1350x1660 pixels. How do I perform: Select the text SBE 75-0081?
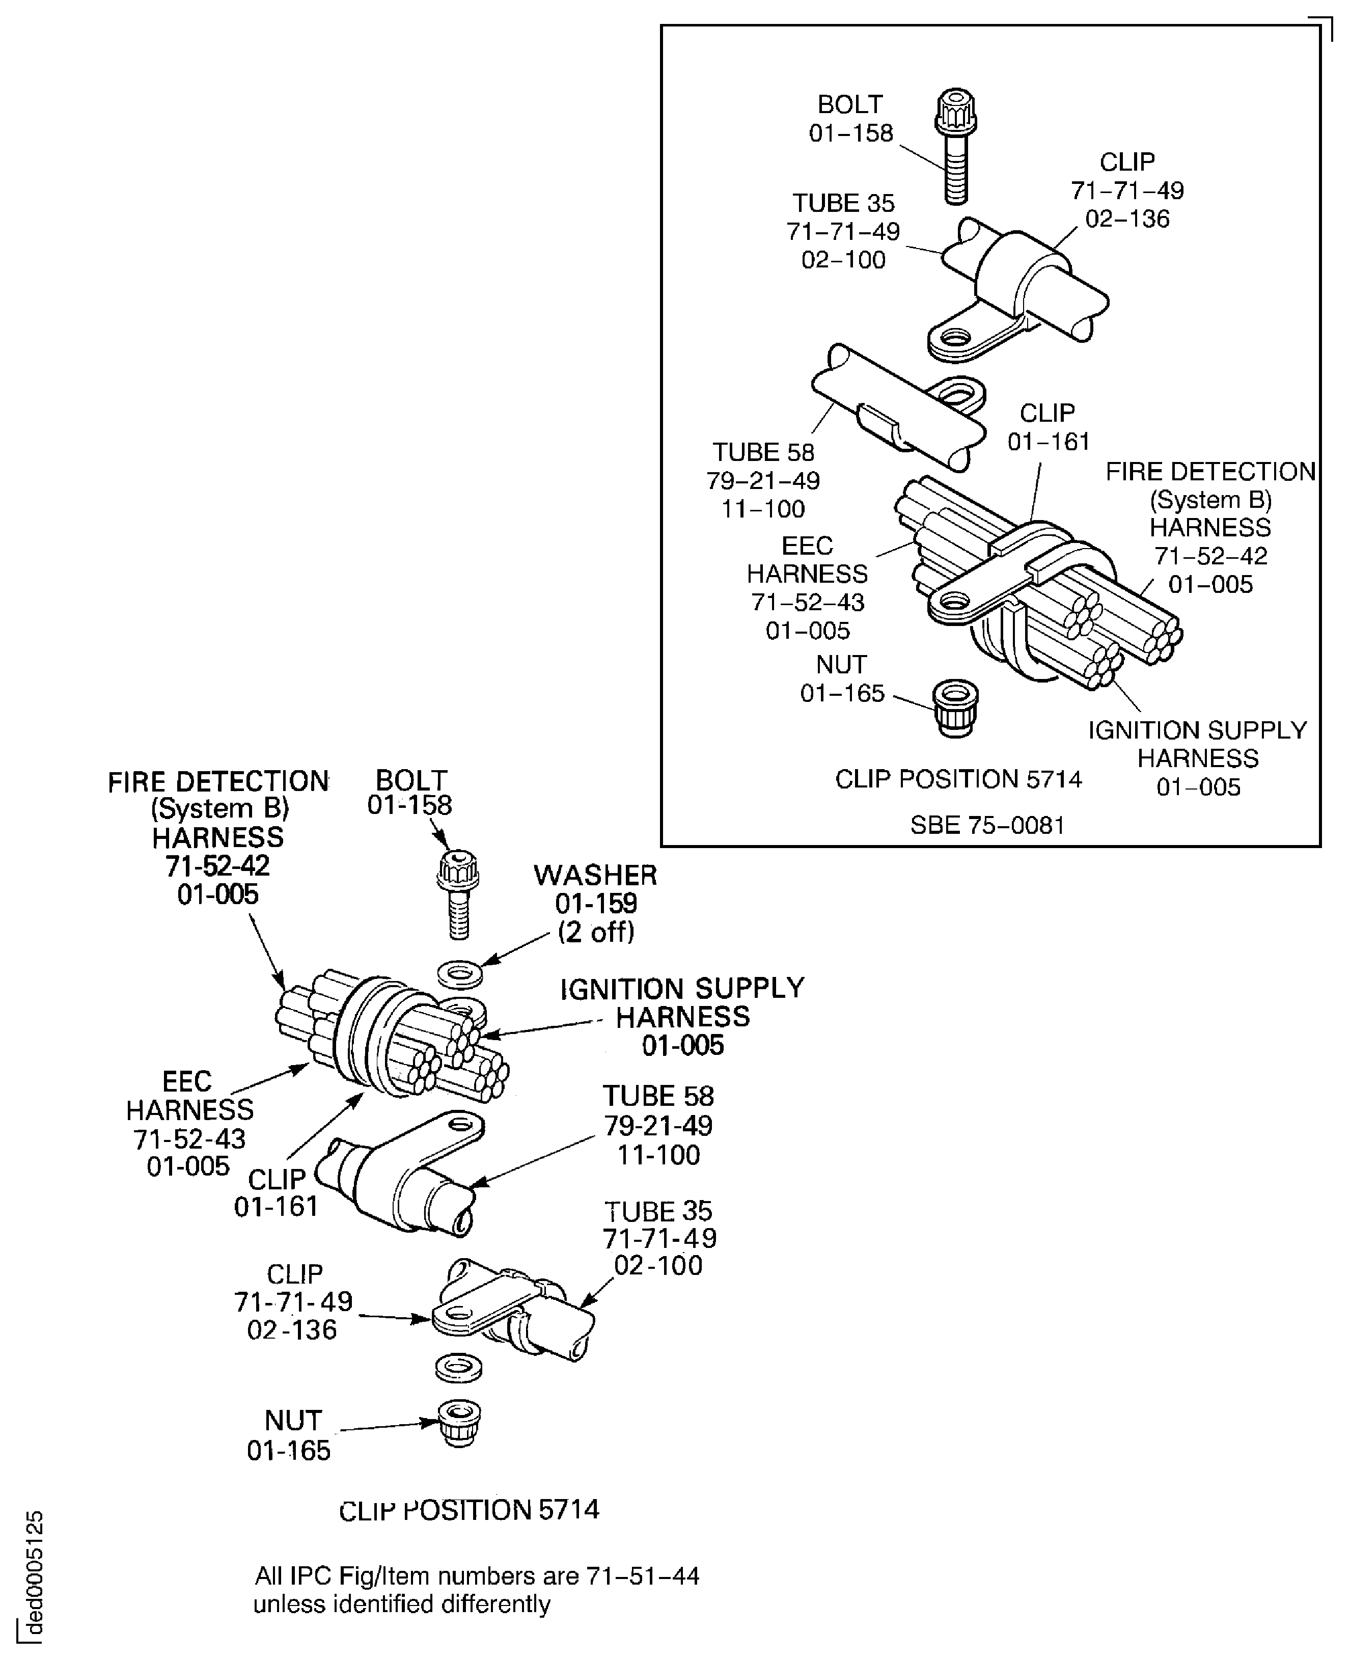pyautogui.click(x=987, y=825)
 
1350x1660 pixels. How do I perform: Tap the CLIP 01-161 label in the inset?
pyautogui.click(x=1048, y=427)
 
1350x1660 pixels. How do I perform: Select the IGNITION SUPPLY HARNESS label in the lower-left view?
pyautogui.click(x=682, y=1017)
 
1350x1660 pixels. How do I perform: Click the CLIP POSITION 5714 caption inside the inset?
pyautogui.click(x=958, y=779)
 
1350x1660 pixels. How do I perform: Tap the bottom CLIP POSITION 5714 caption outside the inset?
pyautogui.click(x=469, y=1510)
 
